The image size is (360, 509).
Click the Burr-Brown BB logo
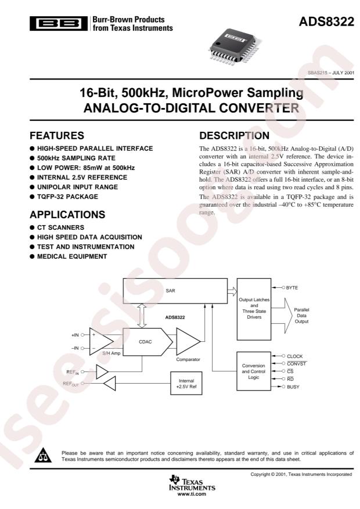(59, 24)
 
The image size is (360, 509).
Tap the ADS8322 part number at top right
(326, 21)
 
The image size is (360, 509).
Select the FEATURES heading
(57, 135)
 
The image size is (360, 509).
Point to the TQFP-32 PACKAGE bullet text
(67, 197)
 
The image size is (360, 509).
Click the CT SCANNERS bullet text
(61, 228)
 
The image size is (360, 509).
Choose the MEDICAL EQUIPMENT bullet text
(72, 257)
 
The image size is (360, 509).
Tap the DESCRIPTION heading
(235, 135)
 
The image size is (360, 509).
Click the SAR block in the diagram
(175, 291)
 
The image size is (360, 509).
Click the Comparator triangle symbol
(188, 341)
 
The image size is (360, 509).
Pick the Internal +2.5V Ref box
(186, 384)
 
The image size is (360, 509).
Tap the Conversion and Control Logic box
(254, 371)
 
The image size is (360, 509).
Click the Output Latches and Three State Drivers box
(254, 309)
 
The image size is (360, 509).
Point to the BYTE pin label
(292, 288)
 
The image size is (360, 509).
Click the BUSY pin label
(293, 387)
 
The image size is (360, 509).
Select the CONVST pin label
(296, 364)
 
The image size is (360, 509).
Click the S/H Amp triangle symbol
(101, 341)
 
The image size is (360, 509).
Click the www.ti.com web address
(192, 494)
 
